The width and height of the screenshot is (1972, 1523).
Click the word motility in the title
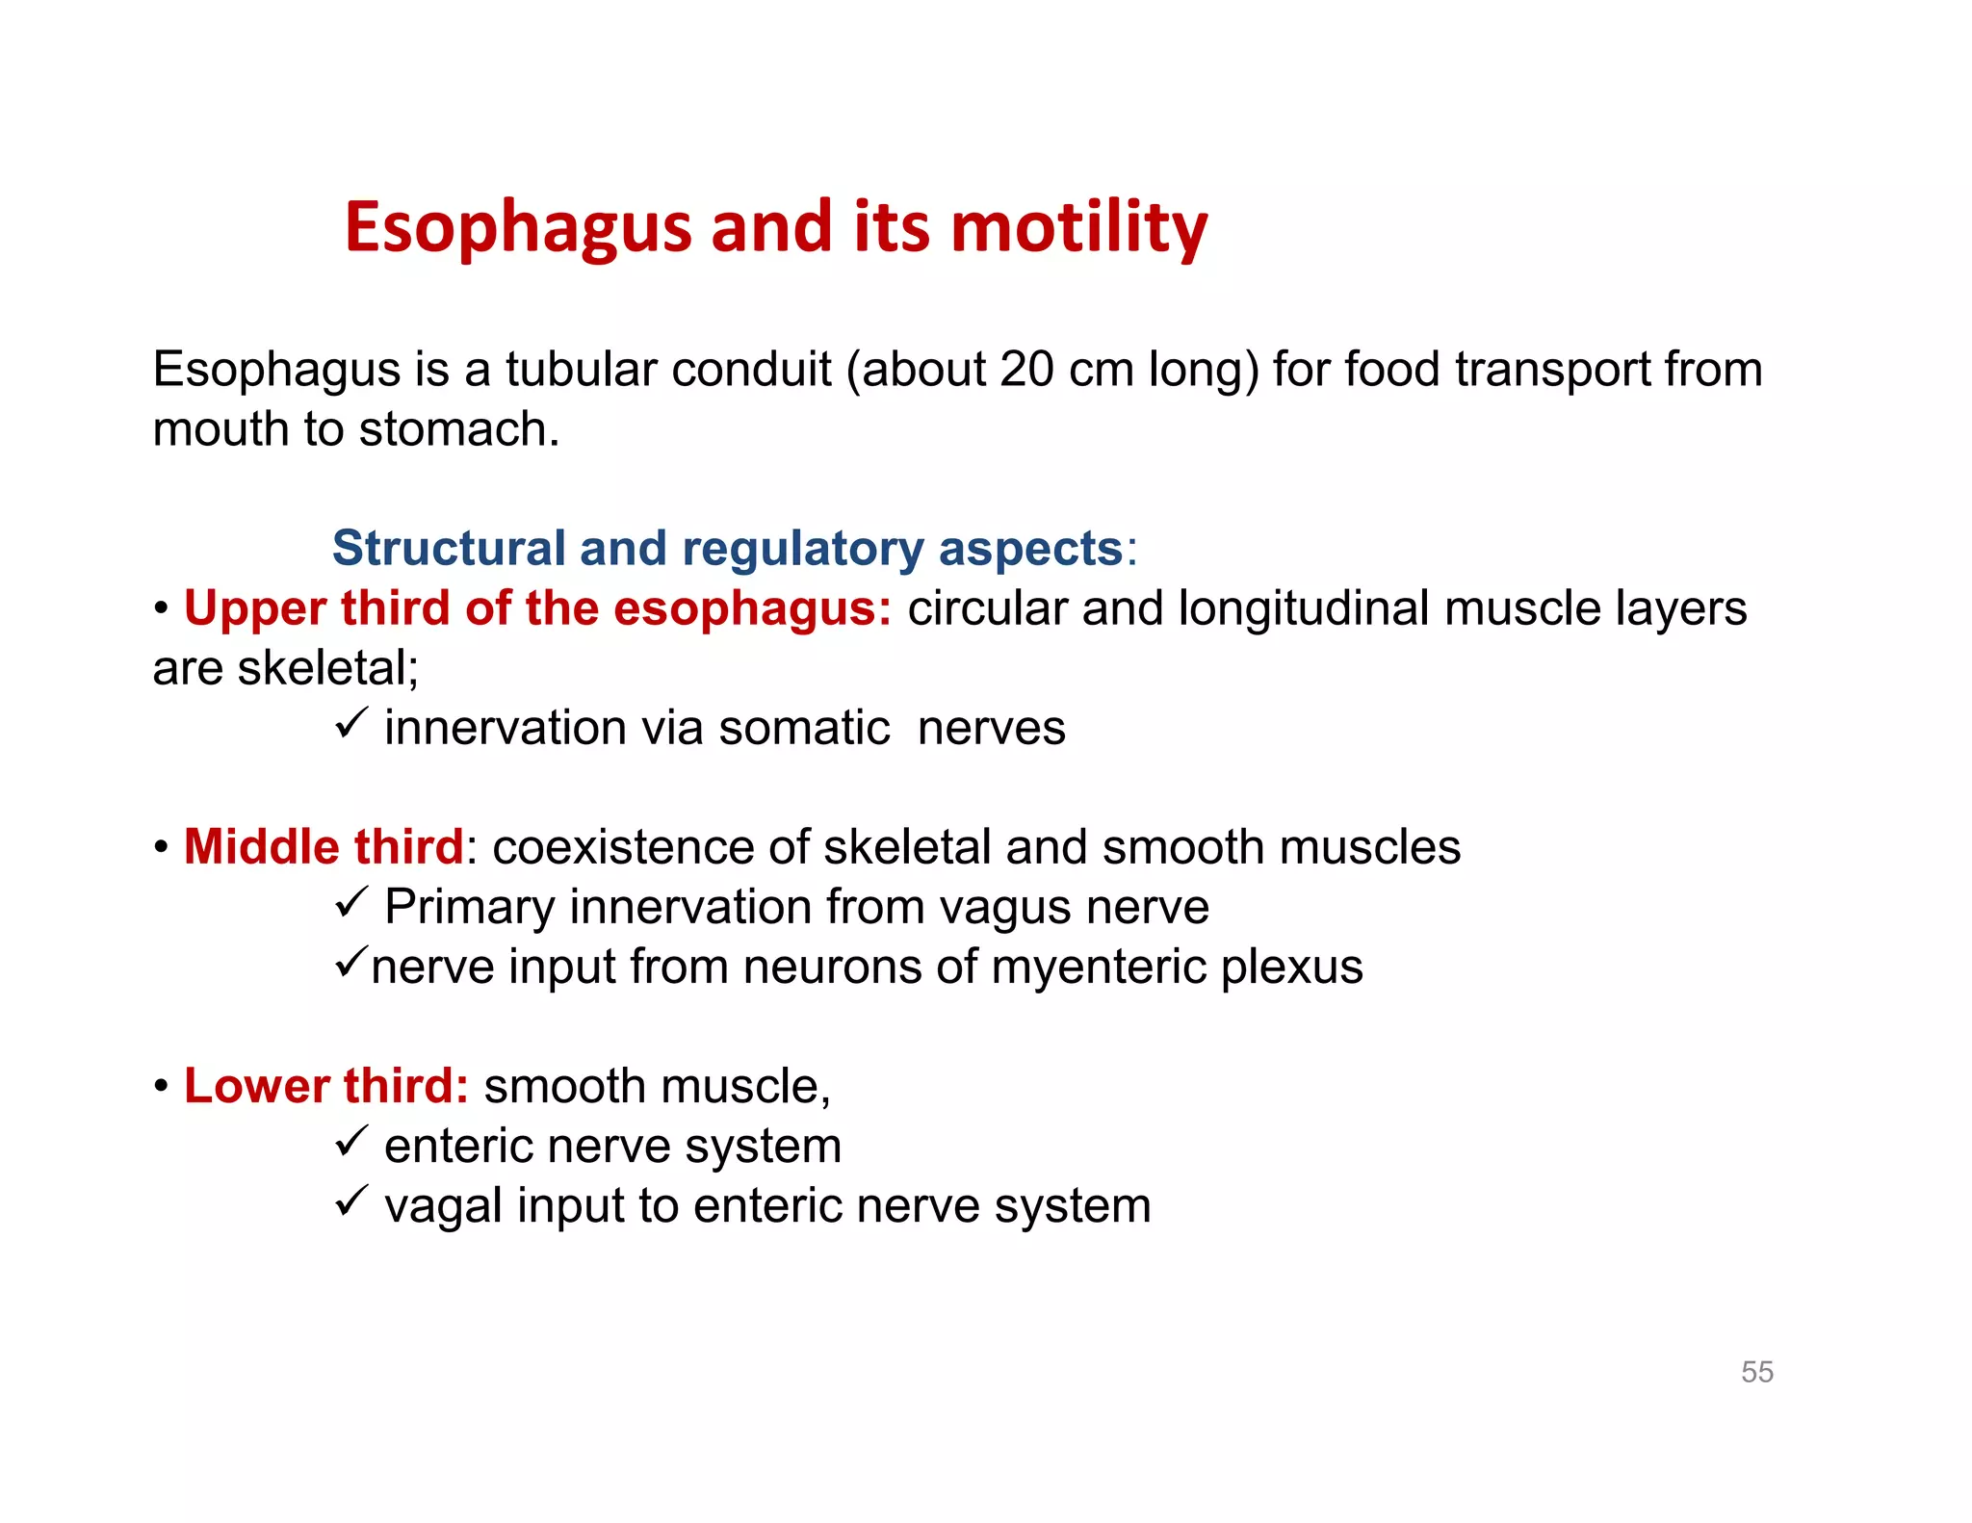tap(1078, 228)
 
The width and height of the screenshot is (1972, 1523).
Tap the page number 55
tap(1756, 1372)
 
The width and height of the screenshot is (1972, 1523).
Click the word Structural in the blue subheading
tap(448, 549)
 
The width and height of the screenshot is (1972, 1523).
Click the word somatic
tap(804, 729)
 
